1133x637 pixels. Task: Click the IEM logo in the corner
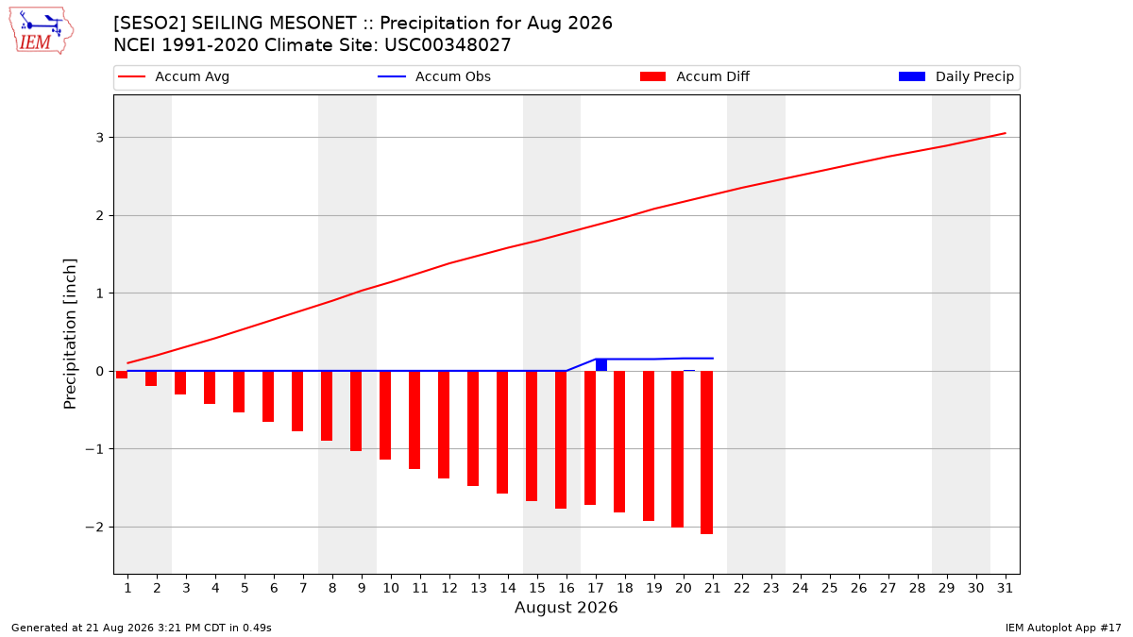coord(42,30)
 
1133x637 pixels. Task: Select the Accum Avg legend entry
coord(174,76)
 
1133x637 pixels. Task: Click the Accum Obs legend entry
coord(434,76)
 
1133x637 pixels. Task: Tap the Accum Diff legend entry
coord(695,76)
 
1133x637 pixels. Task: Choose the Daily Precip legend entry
coord(955,76)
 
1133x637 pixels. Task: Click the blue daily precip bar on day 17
coord(601,365)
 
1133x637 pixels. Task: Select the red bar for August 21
coord(706,452)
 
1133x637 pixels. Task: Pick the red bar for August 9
coord(356,411)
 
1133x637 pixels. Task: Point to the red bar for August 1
coord(122,375)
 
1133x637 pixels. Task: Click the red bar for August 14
coord(502,432)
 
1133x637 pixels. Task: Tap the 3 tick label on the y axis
coord(100,138)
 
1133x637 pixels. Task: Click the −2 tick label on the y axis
coord(94,527)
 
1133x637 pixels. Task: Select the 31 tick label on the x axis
coord(1005,588)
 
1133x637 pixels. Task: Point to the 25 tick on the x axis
coord(830,588)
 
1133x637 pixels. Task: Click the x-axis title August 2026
coord(566,607)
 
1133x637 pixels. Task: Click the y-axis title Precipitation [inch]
coord(70,334)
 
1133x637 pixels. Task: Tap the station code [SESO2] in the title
coord(150,24)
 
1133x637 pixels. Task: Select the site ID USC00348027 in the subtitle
coord(448,45)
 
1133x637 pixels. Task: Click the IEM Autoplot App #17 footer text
coord(1063,628)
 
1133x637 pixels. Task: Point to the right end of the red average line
coord(1005,133)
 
